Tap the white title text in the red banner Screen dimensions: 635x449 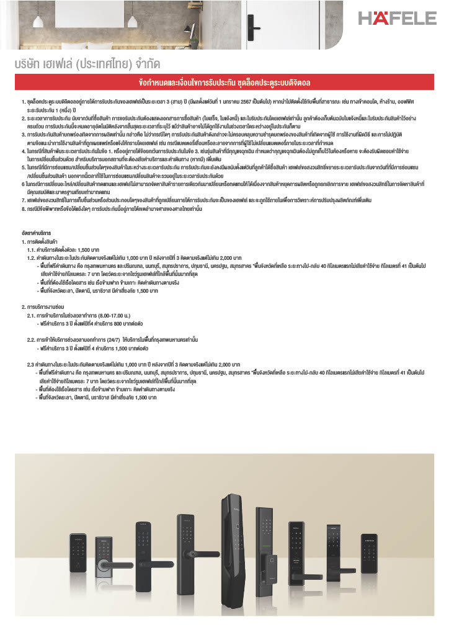click(x=225, y=82)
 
